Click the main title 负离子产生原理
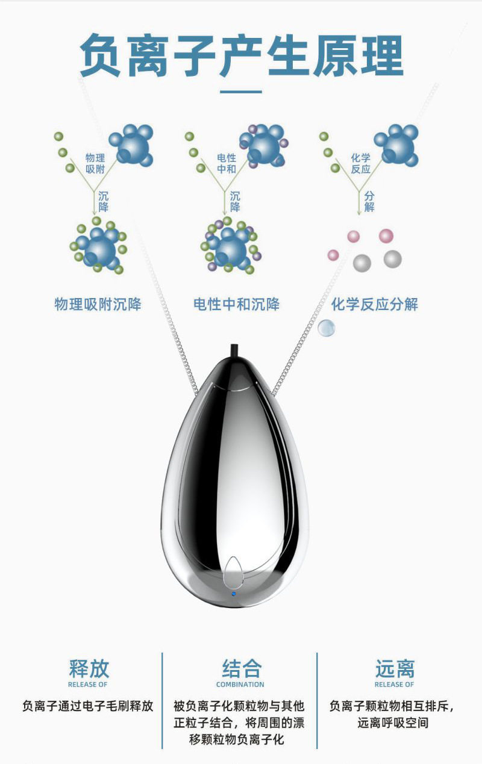tap(241, 56)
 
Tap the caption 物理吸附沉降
tap(98, 304)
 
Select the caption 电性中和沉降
tap(236, 304)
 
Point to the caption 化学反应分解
tap(374, 304)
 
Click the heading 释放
tap(89, 668)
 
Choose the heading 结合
tap(240, 668)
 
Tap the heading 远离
tap(395, 668)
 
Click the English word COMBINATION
tap(240, 685)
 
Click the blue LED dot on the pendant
tap(234, 594)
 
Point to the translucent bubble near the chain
tap(326, 328)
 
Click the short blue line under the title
tap(241, 92)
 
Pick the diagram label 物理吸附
tap(95, 163)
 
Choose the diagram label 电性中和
tap(227, 163)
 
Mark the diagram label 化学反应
tap(360, 163)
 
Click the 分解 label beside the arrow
tap(369, 202)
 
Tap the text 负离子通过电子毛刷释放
tap(88, 706)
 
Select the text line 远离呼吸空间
tap(393, 722)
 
